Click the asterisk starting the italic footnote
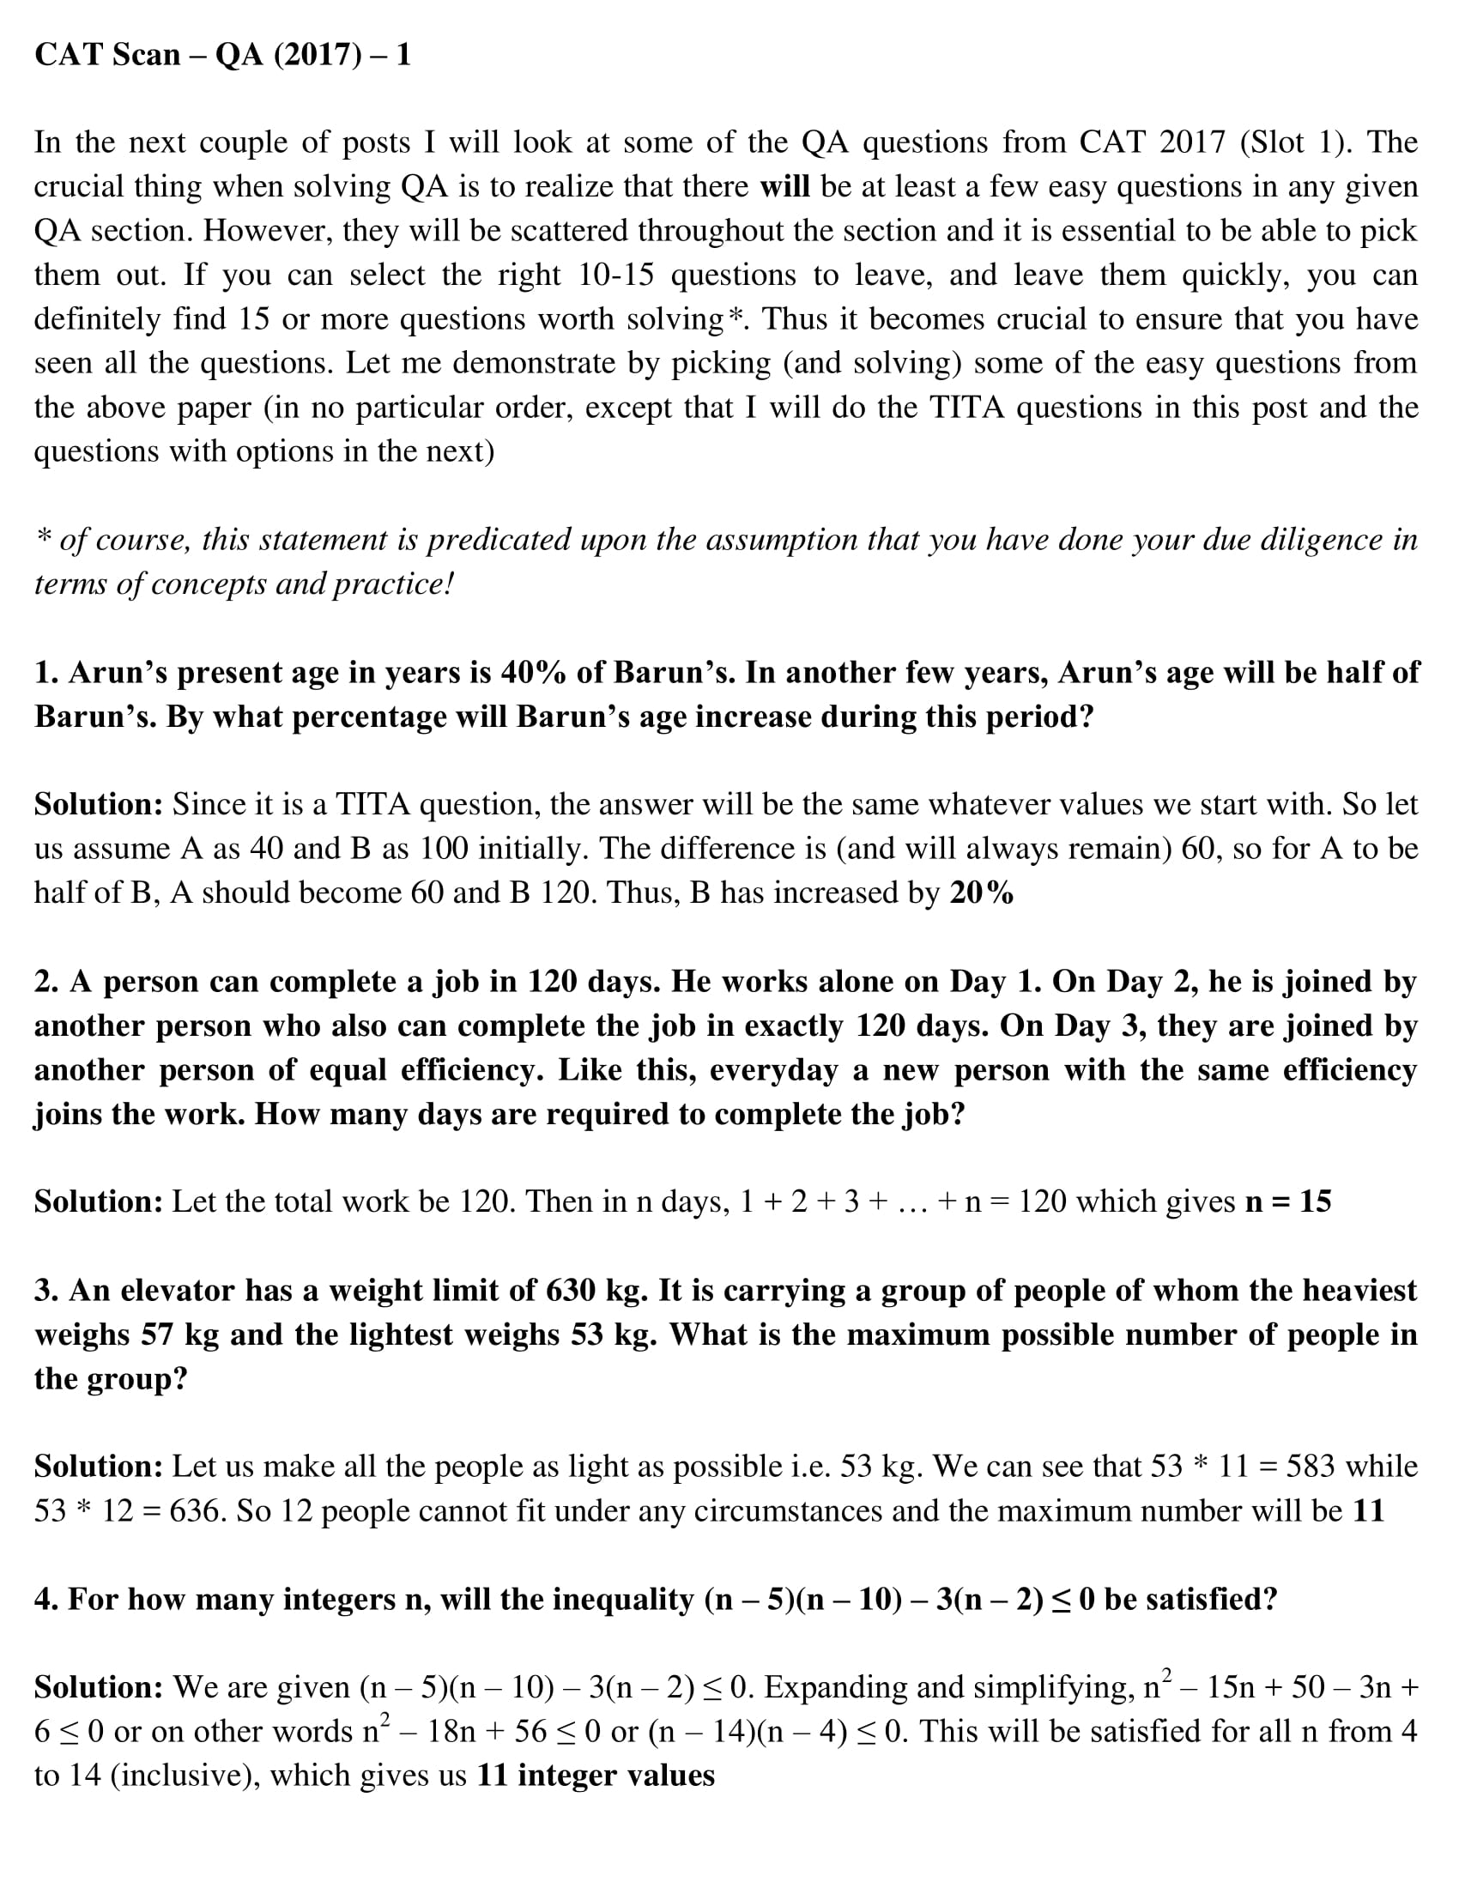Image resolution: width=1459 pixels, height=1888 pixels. pyautogui.click(x=42, y=540)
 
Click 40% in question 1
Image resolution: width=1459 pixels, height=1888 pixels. pyautogui.click(x=532, y=673)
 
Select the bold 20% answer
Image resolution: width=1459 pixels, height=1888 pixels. pyautogui.click(x=981, y=893)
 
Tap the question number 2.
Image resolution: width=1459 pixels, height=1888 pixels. pyautogui.click(x=45, y=982)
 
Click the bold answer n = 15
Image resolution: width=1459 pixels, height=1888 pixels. pyautogui.click(x=1288, y=1201)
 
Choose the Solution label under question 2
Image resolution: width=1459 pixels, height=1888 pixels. pyautogui.click(x=99, y=1201)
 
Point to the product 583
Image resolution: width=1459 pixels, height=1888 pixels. pyautogui.click(x=1312, y=1467)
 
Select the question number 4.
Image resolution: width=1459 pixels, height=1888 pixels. pyautogui.click(x=45, y=1601)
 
